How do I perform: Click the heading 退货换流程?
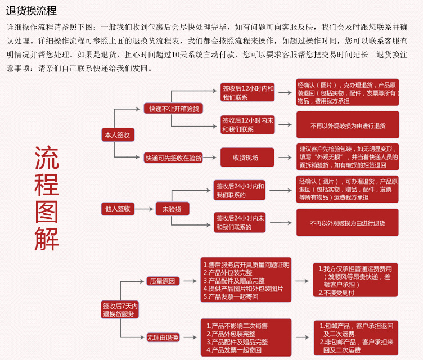click(x=31, y=11)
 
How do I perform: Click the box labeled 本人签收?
click(x=118, y=134)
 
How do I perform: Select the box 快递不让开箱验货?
click(x=173, y=109)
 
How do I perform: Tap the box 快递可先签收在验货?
click(x=173, y=157)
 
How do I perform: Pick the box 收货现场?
click(x=247, y=157)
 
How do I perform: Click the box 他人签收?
click(x=118, y=209)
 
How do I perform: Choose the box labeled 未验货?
click(x=172, y=209)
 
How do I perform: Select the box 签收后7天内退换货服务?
click(x=120, y=309)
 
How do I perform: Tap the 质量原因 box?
click(x=163, y=281)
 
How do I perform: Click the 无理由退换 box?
click(x=163, y=337)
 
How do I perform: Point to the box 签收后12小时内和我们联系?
click(x=247, y=92)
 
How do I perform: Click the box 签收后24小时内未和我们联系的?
click(x=240, y=223)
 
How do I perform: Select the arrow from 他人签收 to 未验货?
click(x=144, y=209)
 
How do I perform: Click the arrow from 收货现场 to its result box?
click(x=285, y=157)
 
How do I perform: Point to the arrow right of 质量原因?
click(x=190, y=281)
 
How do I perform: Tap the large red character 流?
click(x=47, y=158)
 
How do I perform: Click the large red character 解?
click(x=47, y=238)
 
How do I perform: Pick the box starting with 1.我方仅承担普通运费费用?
click(x=355, y=280)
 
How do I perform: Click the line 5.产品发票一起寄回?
click(x=231, y=296)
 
